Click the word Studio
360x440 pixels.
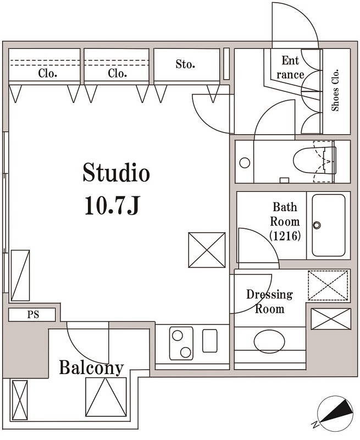pyautogui.click(x=116, y=172)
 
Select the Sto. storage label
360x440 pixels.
pyautogui.click(x=185, y=64)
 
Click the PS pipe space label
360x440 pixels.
pyautogui.click(x=33, y=315)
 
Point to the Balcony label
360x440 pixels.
pyautogui.click(x=91, y=367)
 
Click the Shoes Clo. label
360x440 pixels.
pyautogui.click(x=335, y=90)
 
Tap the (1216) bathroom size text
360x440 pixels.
pyautogui.click(x=285, y=236)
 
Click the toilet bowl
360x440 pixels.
pyautogui.click(x=311, y=161)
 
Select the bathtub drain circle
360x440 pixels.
pyautogui.click(x=317, y=225)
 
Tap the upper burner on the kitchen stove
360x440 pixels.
pyautogui.click(x=178, y=335)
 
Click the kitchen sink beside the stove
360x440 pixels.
pyautogui.click(x=209, y=340)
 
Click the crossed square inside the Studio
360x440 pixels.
pyautogui.click(x=207, y=250)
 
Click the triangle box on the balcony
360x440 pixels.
pyautogui.click(x=106, y=397)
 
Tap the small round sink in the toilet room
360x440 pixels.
pyautogui.click(x=245, y=163)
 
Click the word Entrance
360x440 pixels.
pyautogui.click(x=290, y=67)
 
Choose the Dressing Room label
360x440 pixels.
pyautogui.click(x=269, y=301)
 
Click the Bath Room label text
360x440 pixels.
pyautogui.click(x=285, y=215)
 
